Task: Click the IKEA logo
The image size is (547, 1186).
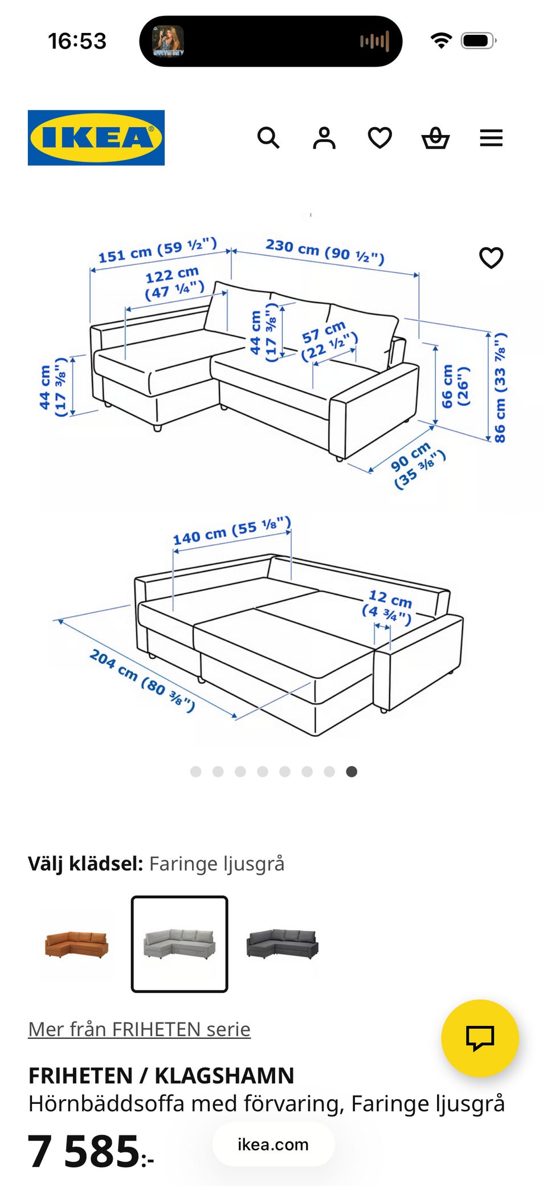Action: point(96,138)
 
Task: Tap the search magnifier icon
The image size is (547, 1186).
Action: point(268,138)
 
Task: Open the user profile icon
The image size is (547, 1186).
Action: point(324,138)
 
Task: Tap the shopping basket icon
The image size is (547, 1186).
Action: point(435,138)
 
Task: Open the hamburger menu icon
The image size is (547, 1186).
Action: point(491,138)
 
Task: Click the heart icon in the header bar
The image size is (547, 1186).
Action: point(379,138)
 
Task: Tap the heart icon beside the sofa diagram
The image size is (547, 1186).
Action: point(491,258)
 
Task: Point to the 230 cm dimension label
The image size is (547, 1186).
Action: point(325,251)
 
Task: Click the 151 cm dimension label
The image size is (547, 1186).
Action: point(158,250)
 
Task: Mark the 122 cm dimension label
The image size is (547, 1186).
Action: point(174,283)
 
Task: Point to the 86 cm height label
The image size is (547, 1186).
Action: point(500,388)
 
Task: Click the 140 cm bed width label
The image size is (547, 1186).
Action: point(232,531)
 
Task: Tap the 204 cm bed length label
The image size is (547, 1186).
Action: point(142,680)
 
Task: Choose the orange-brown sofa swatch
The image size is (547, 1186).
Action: point(76,944)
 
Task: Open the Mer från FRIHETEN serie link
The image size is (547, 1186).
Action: point(140,1029)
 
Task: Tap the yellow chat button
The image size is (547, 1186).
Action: point(480,1038)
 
